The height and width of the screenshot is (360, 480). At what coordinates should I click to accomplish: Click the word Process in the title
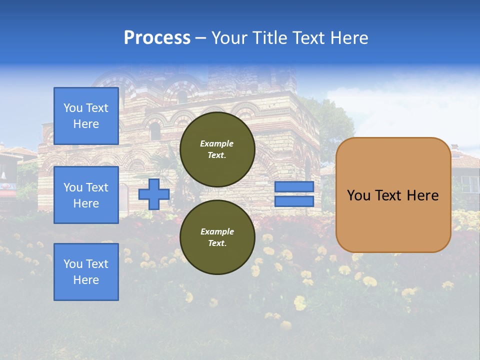(x=157, y=38)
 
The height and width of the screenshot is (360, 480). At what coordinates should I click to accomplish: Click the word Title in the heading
(x=269, y=38)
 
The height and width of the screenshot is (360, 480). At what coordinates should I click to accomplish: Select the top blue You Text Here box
(x=86, y=116)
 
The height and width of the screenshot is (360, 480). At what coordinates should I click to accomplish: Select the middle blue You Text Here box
(x=86, y=195)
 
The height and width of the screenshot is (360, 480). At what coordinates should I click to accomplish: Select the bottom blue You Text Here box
(x=86, y=271)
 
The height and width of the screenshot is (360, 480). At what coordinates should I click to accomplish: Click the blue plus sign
(x=153, y=194)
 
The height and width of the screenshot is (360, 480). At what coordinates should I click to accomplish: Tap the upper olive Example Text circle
(x=217, y=149)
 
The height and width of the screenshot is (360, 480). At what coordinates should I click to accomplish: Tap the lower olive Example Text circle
(x=217, y=237)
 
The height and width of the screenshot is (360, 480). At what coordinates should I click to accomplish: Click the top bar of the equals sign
(x=294, y=187)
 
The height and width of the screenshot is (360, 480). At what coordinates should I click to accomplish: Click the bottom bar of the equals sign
(x=294, y=201)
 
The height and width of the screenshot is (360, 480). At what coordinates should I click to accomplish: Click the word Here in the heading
(x=349, y=38)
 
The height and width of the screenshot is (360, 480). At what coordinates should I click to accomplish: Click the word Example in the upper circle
(x=217, y=143)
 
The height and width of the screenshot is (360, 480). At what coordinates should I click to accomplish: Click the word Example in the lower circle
(x=217, y=231)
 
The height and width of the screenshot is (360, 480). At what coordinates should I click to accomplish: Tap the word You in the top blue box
(x=73, y=108)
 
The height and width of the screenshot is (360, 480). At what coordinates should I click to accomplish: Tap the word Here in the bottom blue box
(x=86, y=280)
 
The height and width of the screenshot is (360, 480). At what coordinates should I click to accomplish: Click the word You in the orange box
(x=359, y=195)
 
